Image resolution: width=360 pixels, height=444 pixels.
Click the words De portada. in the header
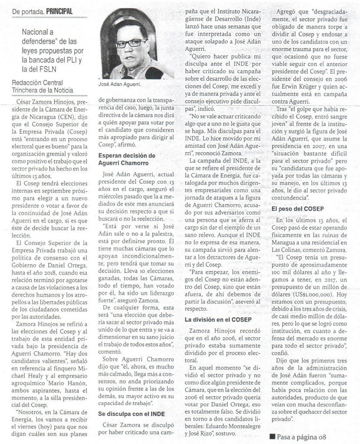[26, 10]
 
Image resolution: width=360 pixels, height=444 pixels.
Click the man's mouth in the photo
[130, 59]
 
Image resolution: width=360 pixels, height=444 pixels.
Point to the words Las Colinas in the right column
[294, 250]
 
